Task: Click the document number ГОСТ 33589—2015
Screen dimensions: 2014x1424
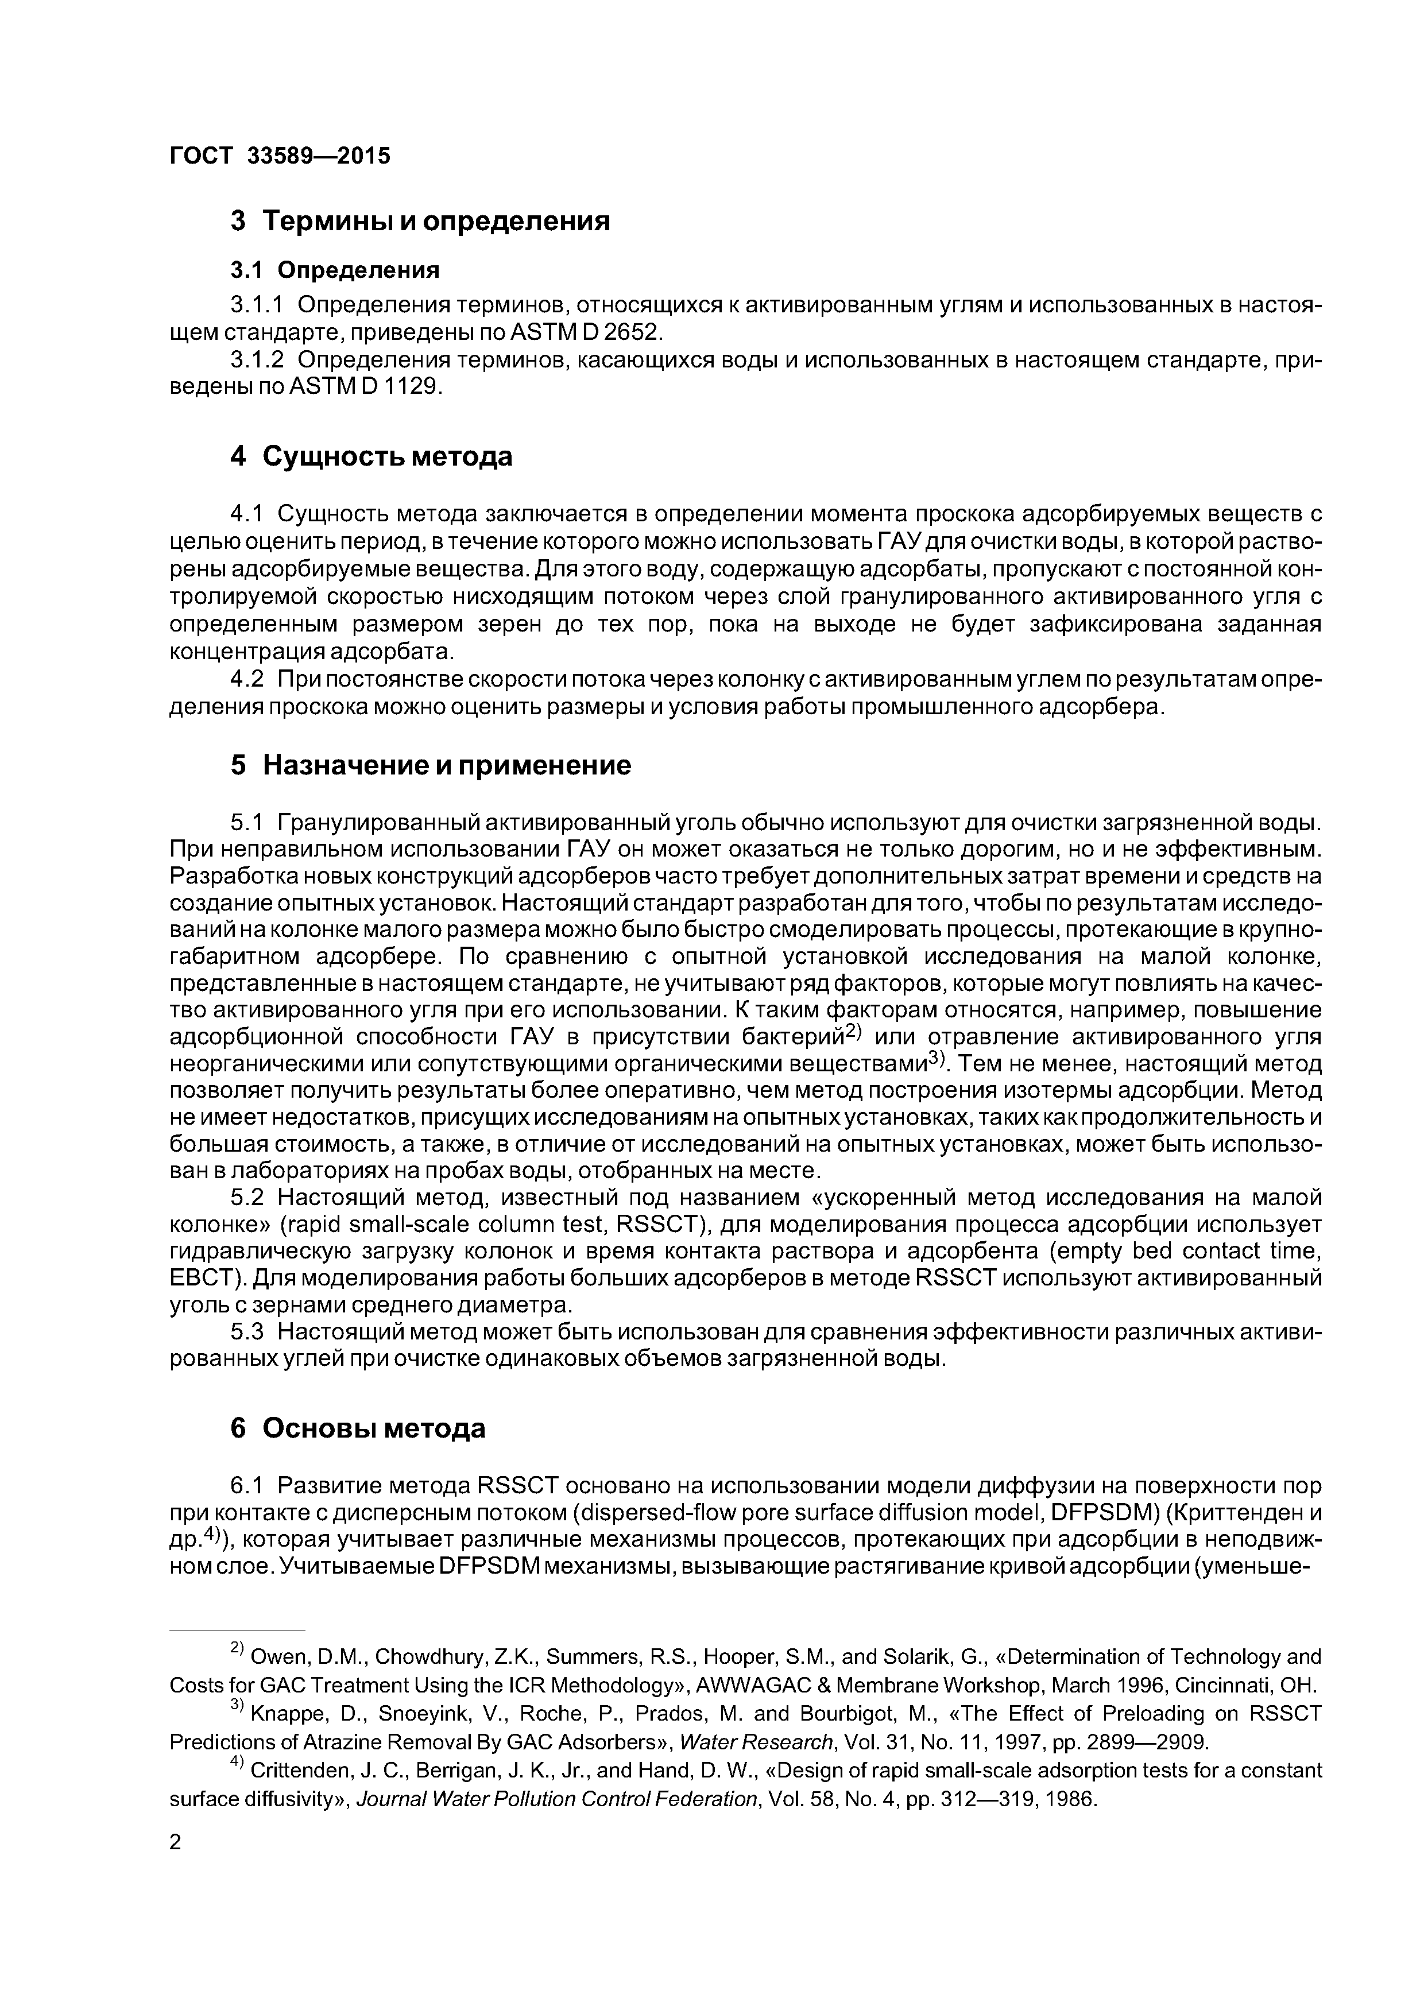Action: [x=279, y=156]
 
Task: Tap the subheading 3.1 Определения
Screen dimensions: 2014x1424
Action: [x=334, y=269]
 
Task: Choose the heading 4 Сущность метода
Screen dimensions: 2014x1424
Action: [x=371, y=457]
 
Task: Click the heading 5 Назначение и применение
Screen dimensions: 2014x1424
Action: [x=430, y=765]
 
